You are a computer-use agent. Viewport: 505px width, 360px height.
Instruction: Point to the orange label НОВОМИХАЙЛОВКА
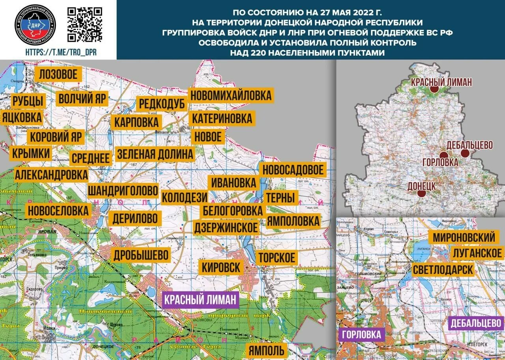(231, 95)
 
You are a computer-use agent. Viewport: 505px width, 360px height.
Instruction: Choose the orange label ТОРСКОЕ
(276, 258)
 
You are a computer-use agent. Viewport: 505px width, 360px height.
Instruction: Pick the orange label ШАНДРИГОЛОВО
(123, 190)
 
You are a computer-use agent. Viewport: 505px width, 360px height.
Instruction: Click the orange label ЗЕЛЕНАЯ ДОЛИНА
(155, 154)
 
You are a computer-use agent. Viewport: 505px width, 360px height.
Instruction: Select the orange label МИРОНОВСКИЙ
(464, 237)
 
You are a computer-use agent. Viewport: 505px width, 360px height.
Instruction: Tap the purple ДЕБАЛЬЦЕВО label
(476, 323)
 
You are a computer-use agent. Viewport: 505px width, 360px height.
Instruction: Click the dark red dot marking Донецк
(421, 194)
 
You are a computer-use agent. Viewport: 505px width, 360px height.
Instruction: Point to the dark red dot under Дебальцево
(465, 153)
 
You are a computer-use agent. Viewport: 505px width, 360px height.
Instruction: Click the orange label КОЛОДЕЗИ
(185, 197)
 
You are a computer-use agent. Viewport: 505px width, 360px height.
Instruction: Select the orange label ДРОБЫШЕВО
(141, 255)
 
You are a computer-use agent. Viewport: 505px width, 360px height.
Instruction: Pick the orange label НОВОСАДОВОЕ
(293, 170)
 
